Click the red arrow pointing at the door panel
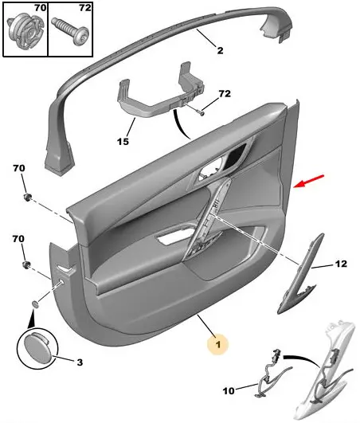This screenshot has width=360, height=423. pyautogui.click(x=309, y=181)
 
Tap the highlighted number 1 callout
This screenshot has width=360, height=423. pyautogui.click(x=218, y=344)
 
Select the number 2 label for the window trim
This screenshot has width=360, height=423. pyautogui.click(x=221, y=50)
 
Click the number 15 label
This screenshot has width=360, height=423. pyautogui.click(x=123, y=141)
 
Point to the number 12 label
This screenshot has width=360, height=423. pyautogui.click(x=341, y=264)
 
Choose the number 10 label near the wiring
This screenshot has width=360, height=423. pyautogui.click(x=229, y=390)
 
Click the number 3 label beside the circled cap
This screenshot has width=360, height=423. pyautogui.click(x=80, y=362)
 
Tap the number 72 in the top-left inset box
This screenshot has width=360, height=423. pyautogui.click(x=85, y=8)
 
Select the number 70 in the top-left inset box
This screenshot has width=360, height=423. pyautogui.click(x=41, y=8)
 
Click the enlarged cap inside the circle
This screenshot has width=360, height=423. pyautogui.click(x=36, y=343)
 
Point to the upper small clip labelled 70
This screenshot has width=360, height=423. pyautogui.click(x=27, y=198)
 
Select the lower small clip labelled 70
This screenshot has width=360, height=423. pyautogui.click(x=26, y=264)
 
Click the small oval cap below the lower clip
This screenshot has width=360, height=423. pyautogui.click(x=35, y=304)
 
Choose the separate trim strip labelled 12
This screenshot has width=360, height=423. pyautogui.click(x=300, y=274)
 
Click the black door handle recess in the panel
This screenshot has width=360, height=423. pyautogui.click(x=237, y=156)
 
